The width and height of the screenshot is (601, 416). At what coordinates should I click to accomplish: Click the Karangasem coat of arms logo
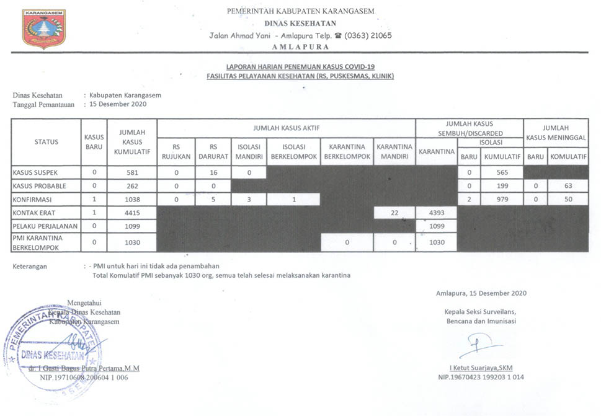pos(43,29)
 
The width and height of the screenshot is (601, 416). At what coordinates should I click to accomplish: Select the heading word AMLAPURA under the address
pos(300,47)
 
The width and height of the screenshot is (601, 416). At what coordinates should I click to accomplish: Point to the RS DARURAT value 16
pos(212,172)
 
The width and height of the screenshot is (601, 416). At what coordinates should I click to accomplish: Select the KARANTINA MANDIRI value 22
pos(394,213)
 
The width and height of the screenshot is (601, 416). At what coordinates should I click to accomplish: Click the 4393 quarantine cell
pos(436,213)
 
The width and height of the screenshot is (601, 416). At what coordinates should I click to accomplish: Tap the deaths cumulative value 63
pos(569,186)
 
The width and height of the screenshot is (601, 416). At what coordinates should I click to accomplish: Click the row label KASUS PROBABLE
pos(39,186)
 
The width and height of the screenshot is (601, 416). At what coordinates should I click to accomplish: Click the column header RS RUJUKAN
pos(176,152)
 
